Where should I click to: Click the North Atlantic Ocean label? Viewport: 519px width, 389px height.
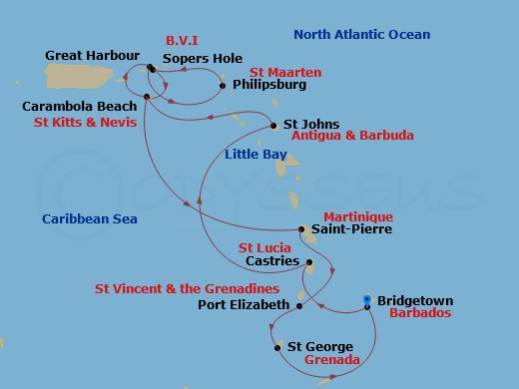point(360,35)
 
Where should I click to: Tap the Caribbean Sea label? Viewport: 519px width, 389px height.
point(90,218)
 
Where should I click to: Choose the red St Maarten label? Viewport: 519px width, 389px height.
point(258,72)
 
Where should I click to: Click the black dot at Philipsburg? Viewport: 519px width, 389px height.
point(222,86)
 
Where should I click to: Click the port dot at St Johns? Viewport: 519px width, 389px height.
point(274,126)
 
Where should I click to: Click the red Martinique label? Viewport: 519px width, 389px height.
point(358,216)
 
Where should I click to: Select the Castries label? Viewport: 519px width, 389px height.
point(272,261)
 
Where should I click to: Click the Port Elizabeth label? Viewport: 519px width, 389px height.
point(244,305)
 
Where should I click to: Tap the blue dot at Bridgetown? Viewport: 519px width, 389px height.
point(367,299)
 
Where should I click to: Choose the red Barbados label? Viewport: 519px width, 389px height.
point(421,313)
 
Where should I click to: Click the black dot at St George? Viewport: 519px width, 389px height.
point(276,347)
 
